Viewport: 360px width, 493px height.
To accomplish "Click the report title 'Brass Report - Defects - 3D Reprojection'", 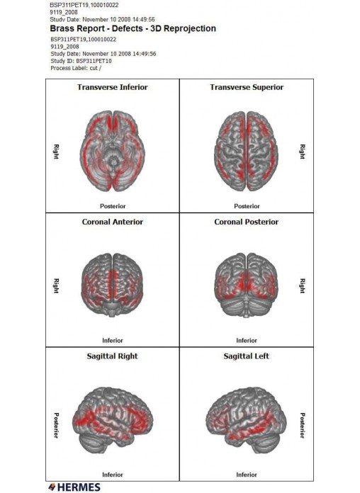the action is tap(133, 28).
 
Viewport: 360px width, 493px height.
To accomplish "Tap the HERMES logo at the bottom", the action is tap(74, 487).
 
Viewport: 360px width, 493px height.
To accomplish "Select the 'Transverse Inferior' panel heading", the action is tap(113, 87).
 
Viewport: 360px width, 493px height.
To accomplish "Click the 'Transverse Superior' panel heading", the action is tap(247, 87).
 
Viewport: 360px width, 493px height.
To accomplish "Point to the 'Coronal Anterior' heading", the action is tap(113, 222).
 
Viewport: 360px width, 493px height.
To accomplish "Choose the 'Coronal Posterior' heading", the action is tap(247, 222).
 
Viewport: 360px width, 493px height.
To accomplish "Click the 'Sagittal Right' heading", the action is tap(113, 356).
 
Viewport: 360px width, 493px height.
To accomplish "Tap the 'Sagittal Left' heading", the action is tap(247, 356).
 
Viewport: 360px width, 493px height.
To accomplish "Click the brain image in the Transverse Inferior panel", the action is tap(113, 151).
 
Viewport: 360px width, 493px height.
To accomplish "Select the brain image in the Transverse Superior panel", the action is tap(247, 151).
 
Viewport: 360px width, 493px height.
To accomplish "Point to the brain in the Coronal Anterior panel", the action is tap(113, 285).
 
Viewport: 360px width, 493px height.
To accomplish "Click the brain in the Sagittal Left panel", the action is tap(247, 420).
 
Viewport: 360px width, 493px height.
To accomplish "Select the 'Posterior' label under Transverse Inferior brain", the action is tap(113, 206).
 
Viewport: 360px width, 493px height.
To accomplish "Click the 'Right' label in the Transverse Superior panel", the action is tap(302, 152).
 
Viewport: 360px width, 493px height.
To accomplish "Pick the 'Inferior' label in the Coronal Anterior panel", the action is tap(113, 341).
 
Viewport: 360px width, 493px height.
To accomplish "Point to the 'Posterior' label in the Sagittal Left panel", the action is tap(302, 426).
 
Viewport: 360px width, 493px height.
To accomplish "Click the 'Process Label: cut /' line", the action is tap(76, 68).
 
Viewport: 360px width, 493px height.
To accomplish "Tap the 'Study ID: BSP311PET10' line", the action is tap(81, 61).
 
